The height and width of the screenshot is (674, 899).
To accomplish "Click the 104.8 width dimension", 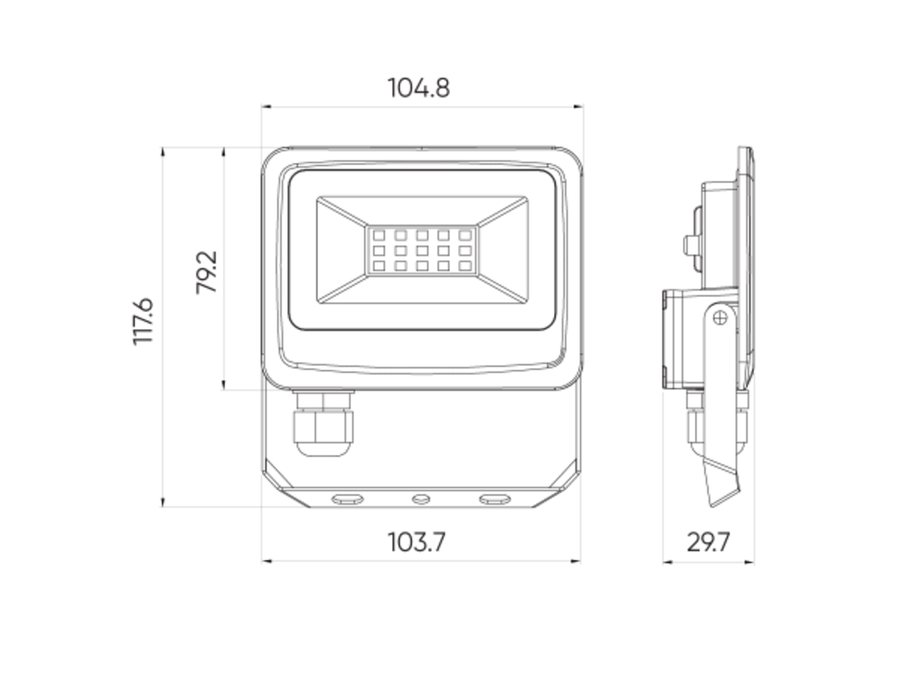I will click(x=419, y=88).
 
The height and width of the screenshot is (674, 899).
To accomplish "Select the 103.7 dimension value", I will click(x=417, y=542).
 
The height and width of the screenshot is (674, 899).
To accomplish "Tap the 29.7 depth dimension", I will click(x=708, y=542).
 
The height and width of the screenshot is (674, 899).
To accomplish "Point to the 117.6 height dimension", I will click(x=143, y=321).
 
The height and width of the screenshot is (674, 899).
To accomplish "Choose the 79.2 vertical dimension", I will click(x=206, y=272).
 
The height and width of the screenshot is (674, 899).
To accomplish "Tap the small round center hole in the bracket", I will click(x=421, y=498).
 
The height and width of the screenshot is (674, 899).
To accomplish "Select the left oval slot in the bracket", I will click(x=348, y=498).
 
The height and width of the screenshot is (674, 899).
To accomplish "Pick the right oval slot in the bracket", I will click(x=494, y=498).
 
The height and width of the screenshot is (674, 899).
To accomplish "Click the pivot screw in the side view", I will click(x=719, y=318).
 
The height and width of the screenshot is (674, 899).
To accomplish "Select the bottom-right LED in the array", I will click(x=465, y=265).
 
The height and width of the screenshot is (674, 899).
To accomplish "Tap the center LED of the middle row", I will click(x=422, y=251).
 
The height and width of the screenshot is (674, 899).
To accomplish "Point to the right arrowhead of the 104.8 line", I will click(x=579, y=107).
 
